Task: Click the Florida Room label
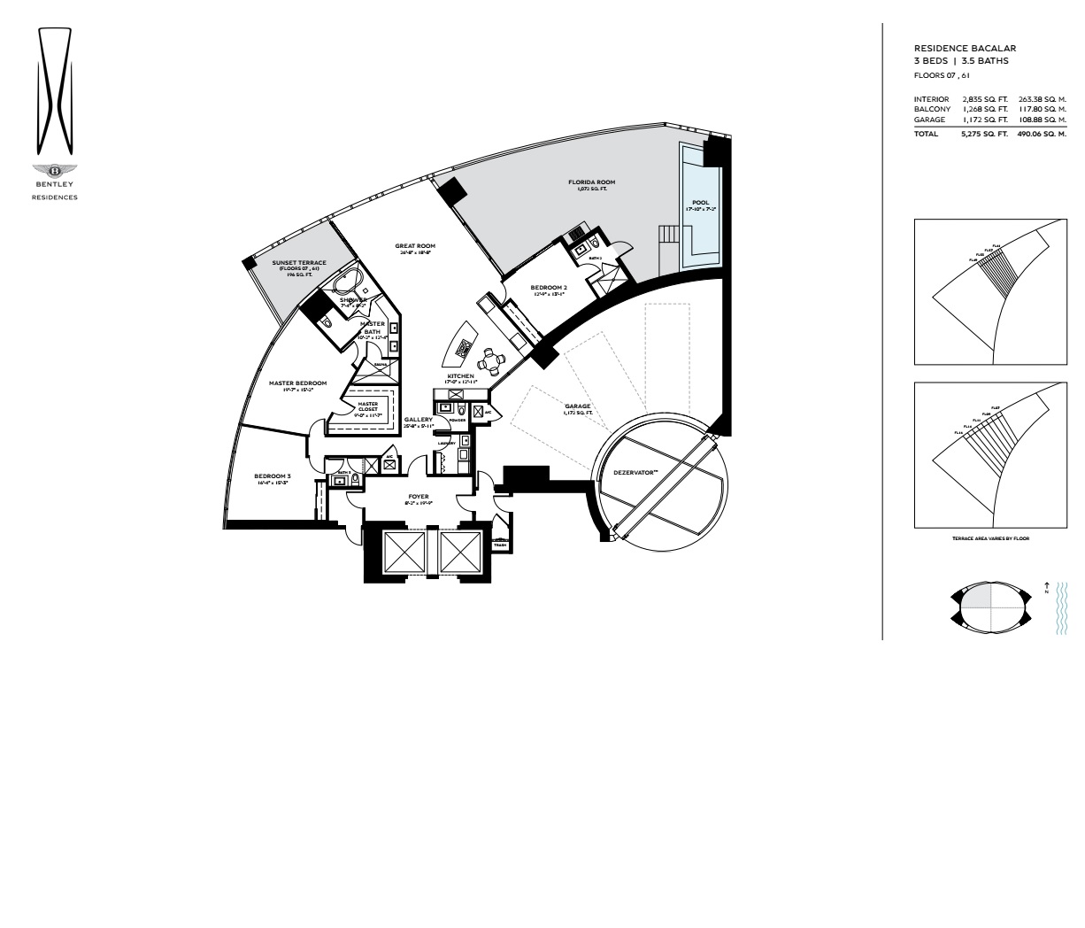[592, 185]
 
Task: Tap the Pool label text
[700, 205]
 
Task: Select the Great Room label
[415, 249]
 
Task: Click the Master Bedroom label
[297, 386]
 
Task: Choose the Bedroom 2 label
[549, 290]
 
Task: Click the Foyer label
[419, 499]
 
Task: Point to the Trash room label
[499, 545]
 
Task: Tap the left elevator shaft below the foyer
[401, 553]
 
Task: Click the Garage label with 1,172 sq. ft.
[578, 409]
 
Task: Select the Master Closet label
[368, 408]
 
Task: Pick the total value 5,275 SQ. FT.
[984, 134]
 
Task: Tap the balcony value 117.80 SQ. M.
[1042, 109]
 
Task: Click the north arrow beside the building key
[1047, 587]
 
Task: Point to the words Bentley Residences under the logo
[55, 190]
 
